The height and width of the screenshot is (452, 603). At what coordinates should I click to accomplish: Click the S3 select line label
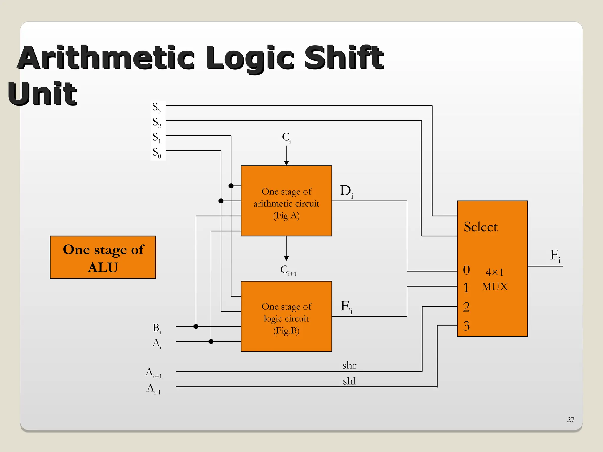(x=156, y=108)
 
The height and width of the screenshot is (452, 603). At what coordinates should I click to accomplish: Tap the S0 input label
(x=157, y=153)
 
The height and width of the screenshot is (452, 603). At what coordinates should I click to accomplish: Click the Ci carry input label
(x=286, y=137)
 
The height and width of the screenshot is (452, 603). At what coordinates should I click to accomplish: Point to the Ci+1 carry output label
(x=288, y=270)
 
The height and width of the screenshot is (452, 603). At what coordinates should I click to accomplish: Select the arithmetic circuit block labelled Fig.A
(x=286, y=201)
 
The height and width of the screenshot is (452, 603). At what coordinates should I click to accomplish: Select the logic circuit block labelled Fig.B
(x=286, y=316)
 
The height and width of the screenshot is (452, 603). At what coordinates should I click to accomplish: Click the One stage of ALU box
(x=103, y=257)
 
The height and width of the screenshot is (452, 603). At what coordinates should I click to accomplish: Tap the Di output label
(x=346, y=191)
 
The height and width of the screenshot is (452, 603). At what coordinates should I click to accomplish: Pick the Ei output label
(x=346, y=307)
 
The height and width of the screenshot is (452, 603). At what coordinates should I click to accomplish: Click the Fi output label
(x=555, y=255)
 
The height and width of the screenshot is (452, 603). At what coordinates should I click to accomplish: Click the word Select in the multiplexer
(x=481, y=227)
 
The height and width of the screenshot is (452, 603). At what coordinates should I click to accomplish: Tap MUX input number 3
(x=466, y=326)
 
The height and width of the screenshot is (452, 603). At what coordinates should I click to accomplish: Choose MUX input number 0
(x=466, y=270)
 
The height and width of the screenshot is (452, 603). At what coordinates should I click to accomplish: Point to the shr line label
(x=349, y=365)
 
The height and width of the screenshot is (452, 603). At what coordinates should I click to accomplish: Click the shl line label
(x=349, y=381)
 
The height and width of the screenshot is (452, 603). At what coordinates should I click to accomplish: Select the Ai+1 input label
(x=153, y=373)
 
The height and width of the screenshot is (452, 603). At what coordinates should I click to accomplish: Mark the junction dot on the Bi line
(x=196, y=326)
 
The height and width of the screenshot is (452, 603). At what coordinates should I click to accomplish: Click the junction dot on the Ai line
(x=211, y=341)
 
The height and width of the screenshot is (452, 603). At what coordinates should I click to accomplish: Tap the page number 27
(x=570, y=419)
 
